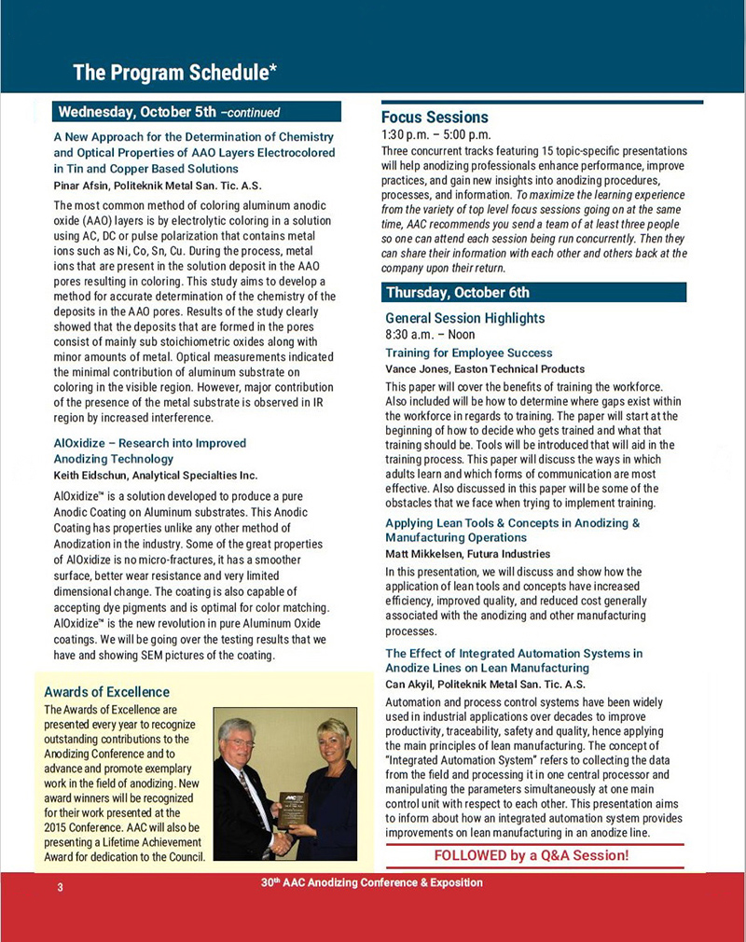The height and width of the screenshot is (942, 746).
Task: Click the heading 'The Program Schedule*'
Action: click(x=174, y=72)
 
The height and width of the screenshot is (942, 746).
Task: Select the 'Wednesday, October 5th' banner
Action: click(x=169, y=113)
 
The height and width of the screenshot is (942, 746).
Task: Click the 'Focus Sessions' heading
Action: click(x=435, y=118)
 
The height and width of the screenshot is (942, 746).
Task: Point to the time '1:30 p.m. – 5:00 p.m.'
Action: click(x=435, y=134)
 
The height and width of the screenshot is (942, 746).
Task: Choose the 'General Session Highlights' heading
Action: click(x=464, y=318)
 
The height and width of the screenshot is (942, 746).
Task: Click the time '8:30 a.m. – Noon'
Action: click(x=430, y=334)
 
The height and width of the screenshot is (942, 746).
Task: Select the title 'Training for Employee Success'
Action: click(x=468, y=353)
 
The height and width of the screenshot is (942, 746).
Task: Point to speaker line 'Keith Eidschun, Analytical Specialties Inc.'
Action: click(x=156, y=476)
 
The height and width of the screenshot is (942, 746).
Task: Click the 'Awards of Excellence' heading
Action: click(x=107, y=692)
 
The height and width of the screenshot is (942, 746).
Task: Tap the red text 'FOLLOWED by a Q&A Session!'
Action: click(x=532, y=855)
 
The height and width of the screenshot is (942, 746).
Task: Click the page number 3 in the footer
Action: click(x=60, y=887)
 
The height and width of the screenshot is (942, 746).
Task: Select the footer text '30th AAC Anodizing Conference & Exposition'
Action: click(x=372, y=882)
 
